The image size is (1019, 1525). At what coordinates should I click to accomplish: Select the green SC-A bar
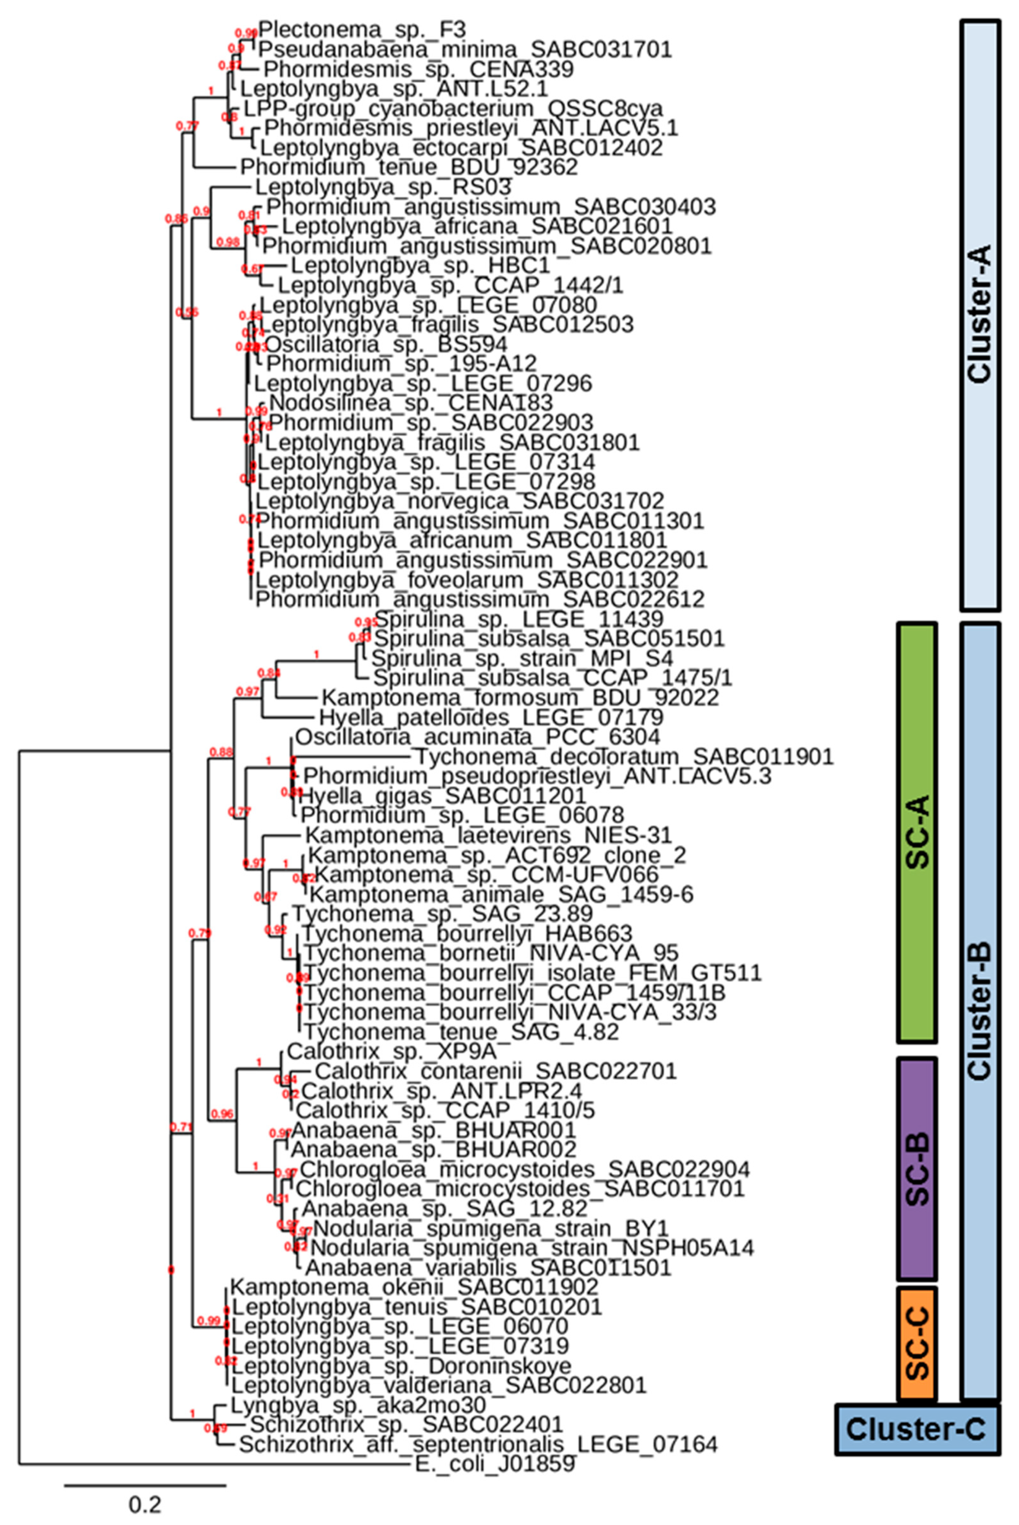[x=917, y=832]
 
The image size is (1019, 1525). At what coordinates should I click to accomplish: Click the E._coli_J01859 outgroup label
[x=495, y=1466]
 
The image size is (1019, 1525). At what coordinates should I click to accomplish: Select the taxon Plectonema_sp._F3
[x=362, y=29]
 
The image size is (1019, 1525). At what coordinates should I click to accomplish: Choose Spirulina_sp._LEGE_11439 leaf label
[x=519, y=619]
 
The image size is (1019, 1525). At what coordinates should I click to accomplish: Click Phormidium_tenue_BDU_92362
[x=409, y=167]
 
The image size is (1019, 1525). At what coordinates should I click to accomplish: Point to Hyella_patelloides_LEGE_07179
[x=491, y=717]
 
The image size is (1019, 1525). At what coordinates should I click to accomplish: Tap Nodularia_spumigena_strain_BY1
[x=491, y=1229]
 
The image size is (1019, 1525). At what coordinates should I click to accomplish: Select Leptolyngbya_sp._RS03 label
[x=383, y=187]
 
